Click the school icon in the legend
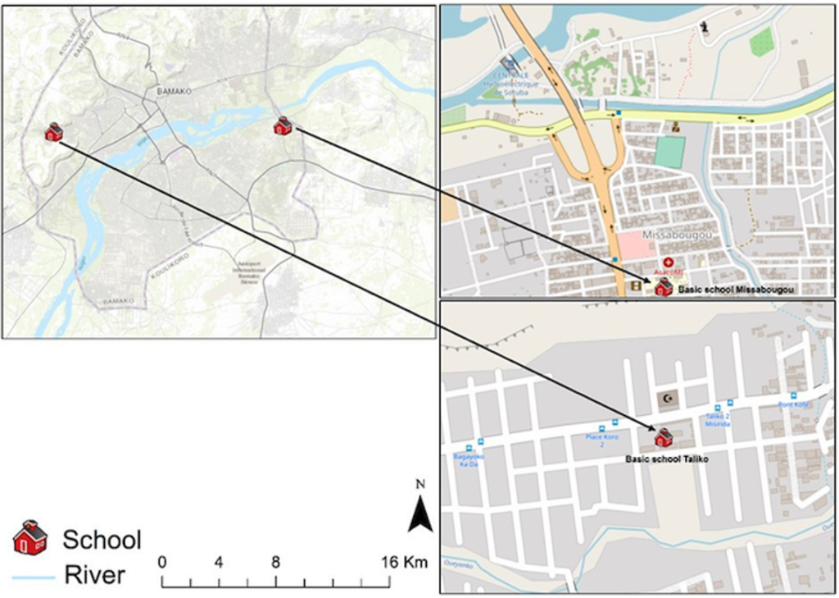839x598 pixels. click(x=30, y=537)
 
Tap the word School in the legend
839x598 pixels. click(x=102, y=539)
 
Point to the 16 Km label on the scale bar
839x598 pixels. click(x=404, y=563)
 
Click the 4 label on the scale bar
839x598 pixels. click(x=219, y=563)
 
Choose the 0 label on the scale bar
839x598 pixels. click(x=162, y=563)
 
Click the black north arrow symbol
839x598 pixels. click(x=420, y=514)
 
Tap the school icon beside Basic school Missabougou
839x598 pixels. click(x=663, y=286)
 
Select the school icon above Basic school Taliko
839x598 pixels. click(x=663, y=437)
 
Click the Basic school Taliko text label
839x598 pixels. click(x=666, y=459)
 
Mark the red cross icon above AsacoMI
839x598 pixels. click(x=668, y=262)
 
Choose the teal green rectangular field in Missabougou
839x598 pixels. click(x=669, y=153)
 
